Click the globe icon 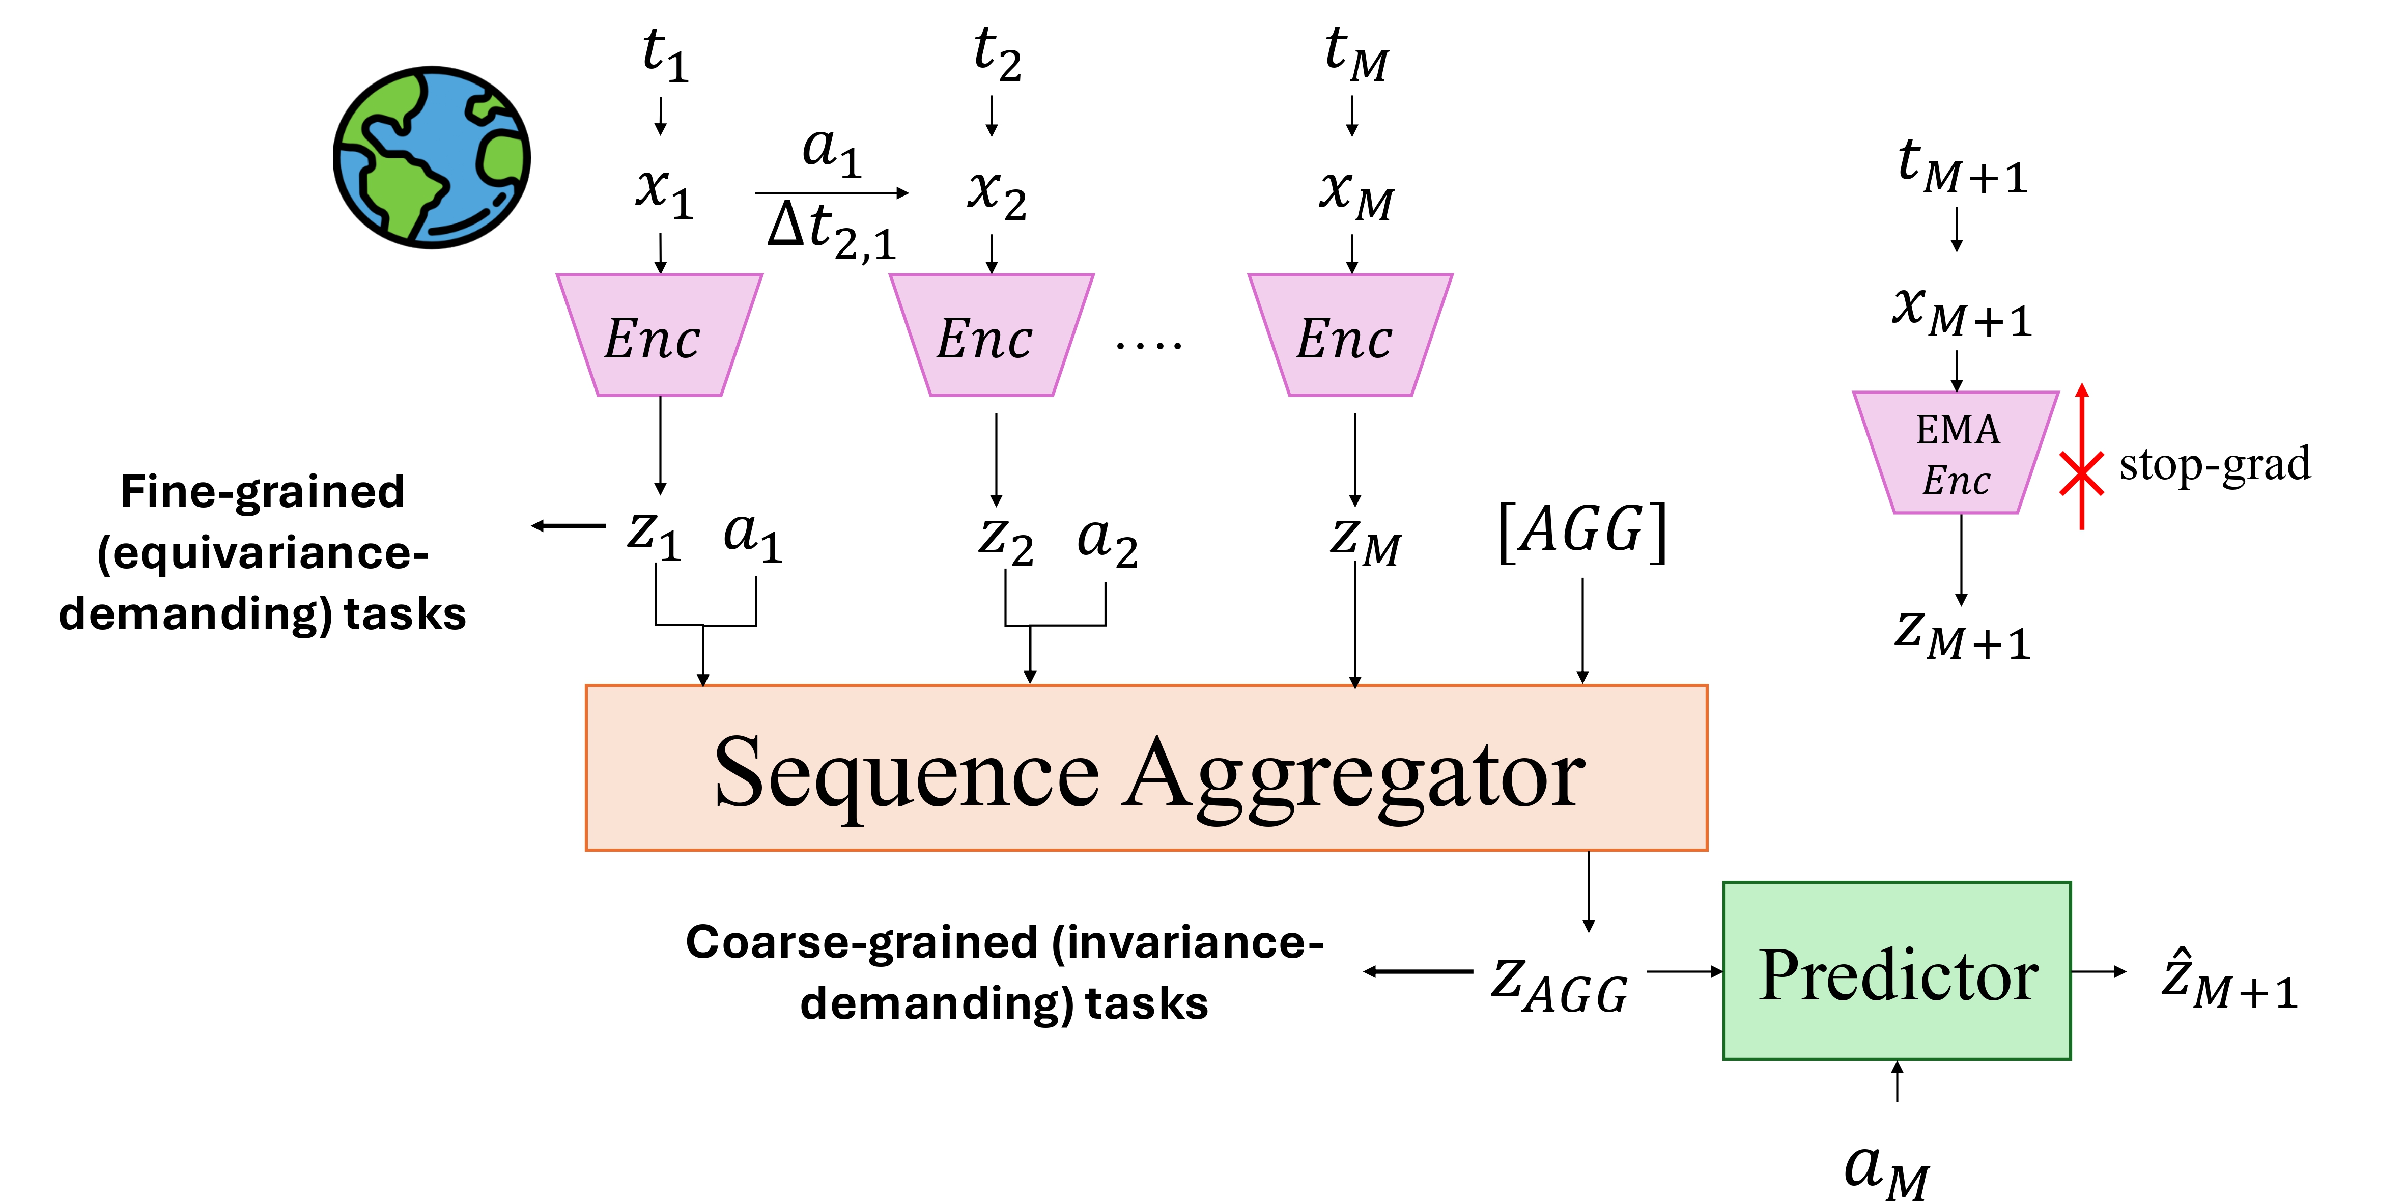pyautogui.click(x=432, y=157)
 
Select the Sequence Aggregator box pyautogui.click(x=1146, y=768)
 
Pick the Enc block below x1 pyautogui.click(x=659, y=336)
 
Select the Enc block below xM pyautogui.click(x=1350, y=336)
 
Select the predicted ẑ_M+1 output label pyautogui.click(x=2229, y=981)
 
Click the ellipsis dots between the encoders pyautogui.click(x=1148, y=346)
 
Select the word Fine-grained pyautogui.click(x=262, y=492)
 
